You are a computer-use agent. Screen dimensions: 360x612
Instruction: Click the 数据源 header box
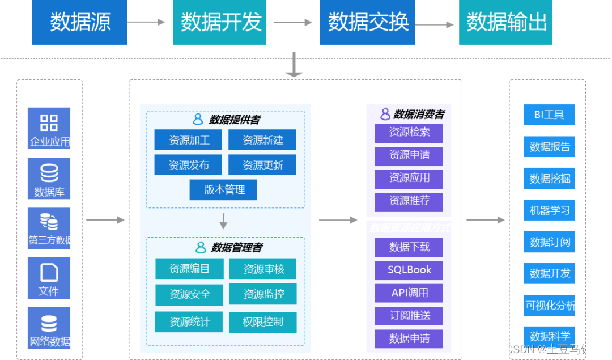coord(80,22)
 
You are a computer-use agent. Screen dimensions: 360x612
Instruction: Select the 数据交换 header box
coord(368,22)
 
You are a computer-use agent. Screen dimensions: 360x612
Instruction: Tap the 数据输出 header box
coord(506,22)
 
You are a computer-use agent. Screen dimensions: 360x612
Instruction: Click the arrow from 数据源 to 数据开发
coord(146,23)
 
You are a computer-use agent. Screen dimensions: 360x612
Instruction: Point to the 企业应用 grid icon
coord(49,122)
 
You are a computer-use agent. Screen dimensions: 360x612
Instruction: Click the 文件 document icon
coord(49,273)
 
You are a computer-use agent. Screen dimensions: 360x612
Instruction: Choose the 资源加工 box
coord(189,140)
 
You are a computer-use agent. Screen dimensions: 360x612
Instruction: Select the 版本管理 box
coord(223,190)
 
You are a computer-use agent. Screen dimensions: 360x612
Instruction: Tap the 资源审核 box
coord(263,269)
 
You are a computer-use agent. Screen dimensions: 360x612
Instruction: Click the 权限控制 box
coord(262,322)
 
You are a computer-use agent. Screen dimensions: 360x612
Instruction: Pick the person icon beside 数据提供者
coord(198,120)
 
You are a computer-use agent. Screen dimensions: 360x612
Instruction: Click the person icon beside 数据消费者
coord(385,114)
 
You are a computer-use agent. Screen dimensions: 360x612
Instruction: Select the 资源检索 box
coord(409,133)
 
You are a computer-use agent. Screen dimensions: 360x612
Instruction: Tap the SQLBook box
coord(409,270)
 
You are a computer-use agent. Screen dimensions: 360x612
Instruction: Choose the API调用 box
coord(409,293)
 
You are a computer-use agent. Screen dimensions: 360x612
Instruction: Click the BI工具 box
coord(549,115)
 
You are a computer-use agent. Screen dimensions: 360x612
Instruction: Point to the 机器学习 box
coord(549,210)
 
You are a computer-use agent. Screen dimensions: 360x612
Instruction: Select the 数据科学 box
coord(549,336)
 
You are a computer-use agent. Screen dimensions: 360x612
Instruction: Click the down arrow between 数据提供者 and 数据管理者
coord(223,221)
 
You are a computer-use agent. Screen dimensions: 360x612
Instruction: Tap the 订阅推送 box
coord(409,316)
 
